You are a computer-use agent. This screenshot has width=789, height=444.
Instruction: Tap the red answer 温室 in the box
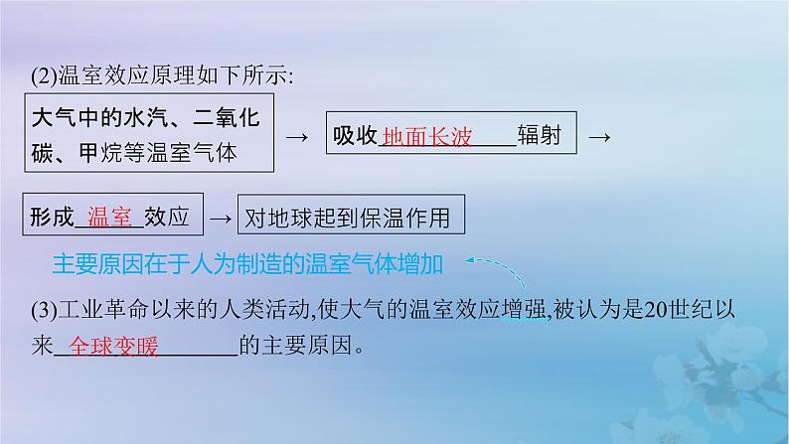tap(110, 217)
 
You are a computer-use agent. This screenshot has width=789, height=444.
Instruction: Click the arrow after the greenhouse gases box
tap(293, 136)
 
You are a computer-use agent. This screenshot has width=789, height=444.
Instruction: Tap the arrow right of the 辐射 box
tap(598, 136)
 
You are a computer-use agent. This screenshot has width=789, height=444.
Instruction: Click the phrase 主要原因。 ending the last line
tap(305, 348)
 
